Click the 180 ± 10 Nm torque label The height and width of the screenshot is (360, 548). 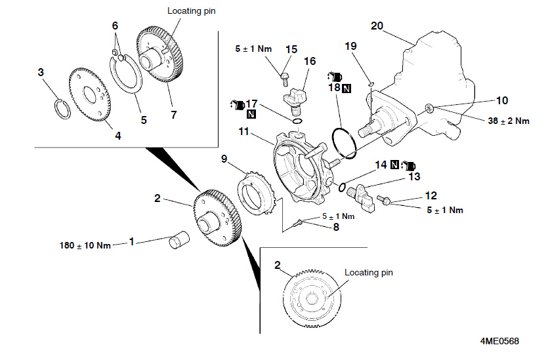tap(85, 245)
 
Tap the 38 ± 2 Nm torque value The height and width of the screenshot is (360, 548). tap(509, 121)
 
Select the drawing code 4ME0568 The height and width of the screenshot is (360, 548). tap(499, 341)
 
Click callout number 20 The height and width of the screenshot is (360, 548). tap(377, 26)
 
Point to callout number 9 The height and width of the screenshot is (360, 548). tap(224, 159)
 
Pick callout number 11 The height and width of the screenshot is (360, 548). tap(243, 132)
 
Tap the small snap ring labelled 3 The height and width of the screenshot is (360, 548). tap(63, 109)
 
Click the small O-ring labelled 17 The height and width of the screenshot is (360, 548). tap(297, 121)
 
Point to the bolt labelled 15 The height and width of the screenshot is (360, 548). tap(284, 79)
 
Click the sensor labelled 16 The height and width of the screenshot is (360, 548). tap(295, 101)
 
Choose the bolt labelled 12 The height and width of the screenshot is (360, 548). tap(385, 201)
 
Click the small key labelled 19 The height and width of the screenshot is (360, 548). tap(371, 83)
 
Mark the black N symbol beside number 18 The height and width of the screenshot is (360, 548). tap(347, 89)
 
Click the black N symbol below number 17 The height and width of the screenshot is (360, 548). tap(251, 114)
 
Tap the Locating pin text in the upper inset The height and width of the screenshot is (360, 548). tap(191, 11)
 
